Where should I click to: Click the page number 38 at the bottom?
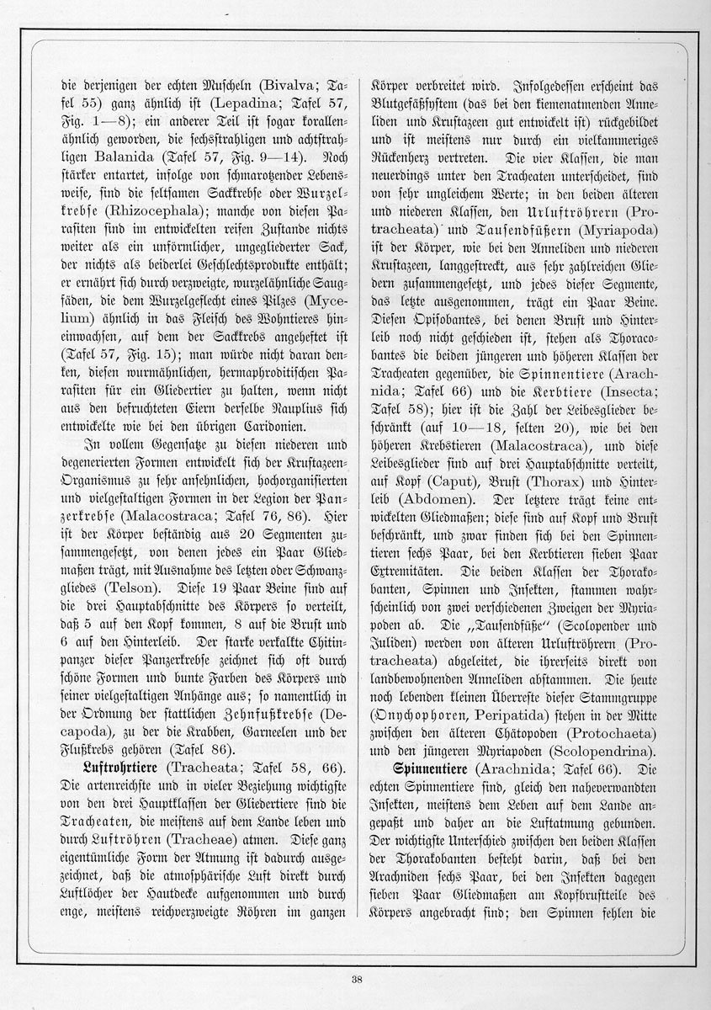tap(357, 977)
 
